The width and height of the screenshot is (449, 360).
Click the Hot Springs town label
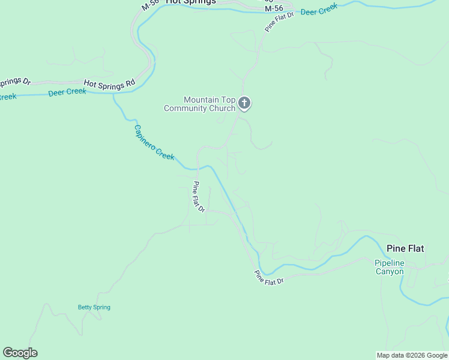point(190,2)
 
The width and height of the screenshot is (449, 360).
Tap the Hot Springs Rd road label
point(109,85)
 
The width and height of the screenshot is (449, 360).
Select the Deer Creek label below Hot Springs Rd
point(67,92)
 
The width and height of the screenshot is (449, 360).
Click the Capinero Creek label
point(154,142)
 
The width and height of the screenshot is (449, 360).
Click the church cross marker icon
point(244,103)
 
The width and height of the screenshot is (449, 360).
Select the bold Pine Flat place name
point(405,248)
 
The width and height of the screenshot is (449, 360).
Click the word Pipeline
point(390,263)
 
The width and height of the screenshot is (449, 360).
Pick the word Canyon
point(390,271)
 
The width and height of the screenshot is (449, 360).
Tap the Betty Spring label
point(94,307)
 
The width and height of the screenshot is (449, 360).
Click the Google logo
point(20,353)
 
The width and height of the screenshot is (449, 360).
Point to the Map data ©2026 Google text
point(412,355)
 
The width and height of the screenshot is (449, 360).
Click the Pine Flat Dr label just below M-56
point(280,22)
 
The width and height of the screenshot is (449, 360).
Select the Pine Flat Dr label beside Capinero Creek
point(199,197)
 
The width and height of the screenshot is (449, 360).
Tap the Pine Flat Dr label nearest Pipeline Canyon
point(268,278)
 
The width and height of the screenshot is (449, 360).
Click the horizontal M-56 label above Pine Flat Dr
point(273,8)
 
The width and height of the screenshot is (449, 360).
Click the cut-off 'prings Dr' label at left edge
point(15,82)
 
